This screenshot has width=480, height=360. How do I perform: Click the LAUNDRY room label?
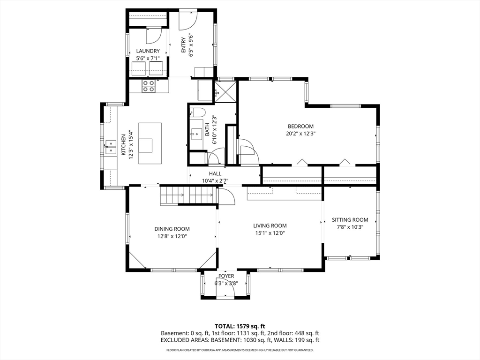pyautogui.click(x=148, y=51)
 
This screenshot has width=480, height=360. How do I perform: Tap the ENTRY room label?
pyautogui.click(x=183, y=45)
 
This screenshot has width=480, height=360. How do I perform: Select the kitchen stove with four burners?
pyautogui.click(x=149, y=86)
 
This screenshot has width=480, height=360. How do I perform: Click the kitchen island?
pyautogui.click(x=150, y=143)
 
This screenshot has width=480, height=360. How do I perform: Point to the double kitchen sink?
pyautogui.click(x=111, y=147)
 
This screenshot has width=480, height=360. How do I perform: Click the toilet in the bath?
pyautogui.click(x=197, y=112)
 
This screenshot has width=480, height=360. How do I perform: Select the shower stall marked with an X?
pyautogui.click(x=225, y=91)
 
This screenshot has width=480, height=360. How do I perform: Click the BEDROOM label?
pyautogui.click(x=300, y=126)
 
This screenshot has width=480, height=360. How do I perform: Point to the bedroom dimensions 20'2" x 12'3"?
pyautogui.click(x=300, y=134)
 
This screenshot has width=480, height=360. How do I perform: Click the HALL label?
pyautogui.click(x=215, y=173)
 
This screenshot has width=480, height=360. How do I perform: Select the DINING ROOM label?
pyautogui.click(x=172, y=229)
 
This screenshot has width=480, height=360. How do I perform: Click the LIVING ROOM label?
pyautogui.click(x=270, y=225)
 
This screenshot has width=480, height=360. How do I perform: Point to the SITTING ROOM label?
pyautogui.click(x=350, y=219)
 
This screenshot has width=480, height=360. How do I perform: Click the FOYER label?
pyautogui.click(x=226, y=276)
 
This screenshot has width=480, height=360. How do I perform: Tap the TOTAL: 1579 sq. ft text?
pyautogui.click(x=240, y=326)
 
